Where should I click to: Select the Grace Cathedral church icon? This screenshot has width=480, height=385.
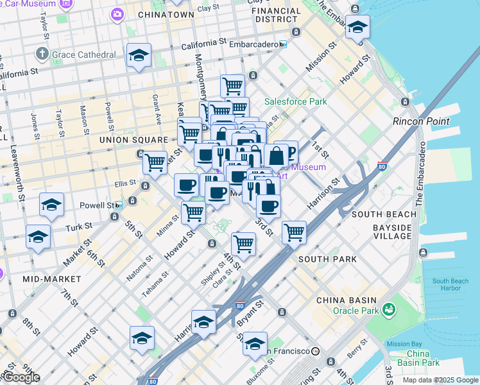[x=42, y=54]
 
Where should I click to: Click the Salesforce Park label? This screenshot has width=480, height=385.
[x=296, y=101]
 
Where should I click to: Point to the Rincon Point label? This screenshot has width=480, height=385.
[x=420, y=121]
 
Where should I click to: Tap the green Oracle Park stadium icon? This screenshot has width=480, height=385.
[x=388, y=310]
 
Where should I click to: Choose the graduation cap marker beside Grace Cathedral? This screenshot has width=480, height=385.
[x=139, y=56]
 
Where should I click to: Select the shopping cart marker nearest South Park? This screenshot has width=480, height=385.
[x=294, y=232]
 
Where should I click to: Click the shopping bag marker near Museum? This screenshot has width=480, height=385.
[x=276, y=155]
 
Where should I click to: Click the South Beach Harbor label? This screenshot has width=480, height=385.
[x=450, y=284]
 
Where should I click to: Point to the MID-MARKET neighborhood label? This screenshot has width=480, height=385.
[x=51, y=279]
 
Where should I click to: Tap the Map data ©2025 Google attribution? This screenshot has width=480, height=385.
[x=440, y=380]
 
